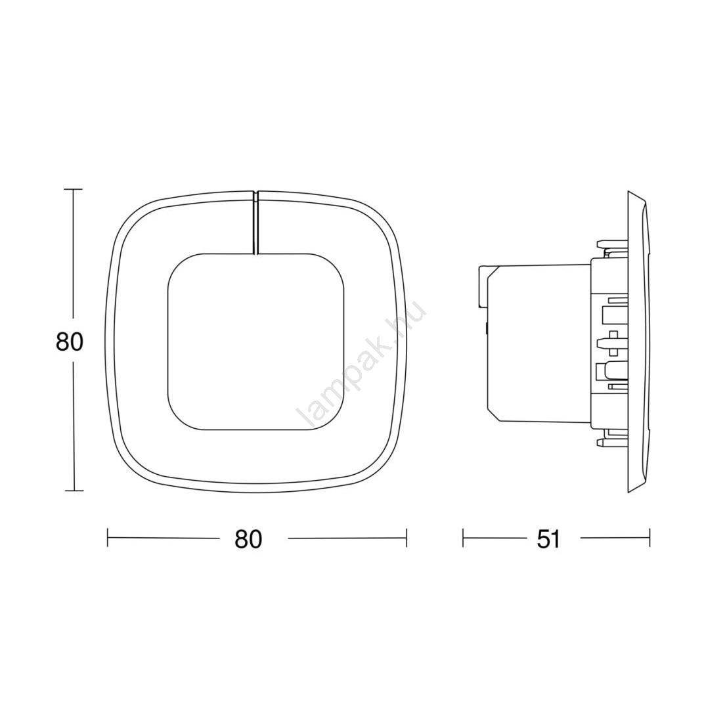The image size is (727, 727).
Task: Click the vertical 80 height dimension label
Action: (x=70, y=341)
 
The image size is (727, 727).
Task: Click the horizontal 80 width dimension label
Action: (x=248, y=539)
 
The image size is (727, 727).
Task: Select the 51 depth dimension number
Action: (x=548, y=539)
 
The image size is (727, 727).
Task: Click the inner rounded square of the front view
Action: (x=255, y=341)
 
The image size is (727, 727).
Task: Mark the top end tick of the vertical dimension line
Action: (x=74, y=190)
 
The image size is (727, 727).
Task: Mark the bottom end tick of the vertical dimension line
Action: (x=74, y=491)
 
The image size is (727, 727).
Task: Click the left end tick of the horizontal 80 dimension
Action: (x=108, y=539)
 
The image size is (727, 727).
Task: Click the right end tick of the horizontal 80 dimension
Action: (x=406, y=539)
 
